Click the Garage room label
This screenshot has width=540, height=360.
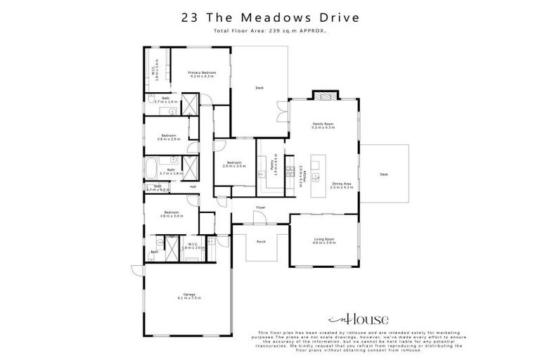pos(188,295)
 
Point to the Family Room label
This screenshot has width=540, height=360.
pos(323,126)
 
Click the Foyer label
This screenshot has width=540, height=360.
pos(259,207)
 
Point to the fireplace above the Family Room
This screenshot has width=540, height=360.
pos(324,96)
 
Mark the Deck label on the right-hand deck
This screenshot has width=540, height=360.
pos(383,174)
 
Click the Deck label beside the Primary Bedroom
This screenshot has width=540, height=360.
pos(259,88)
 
